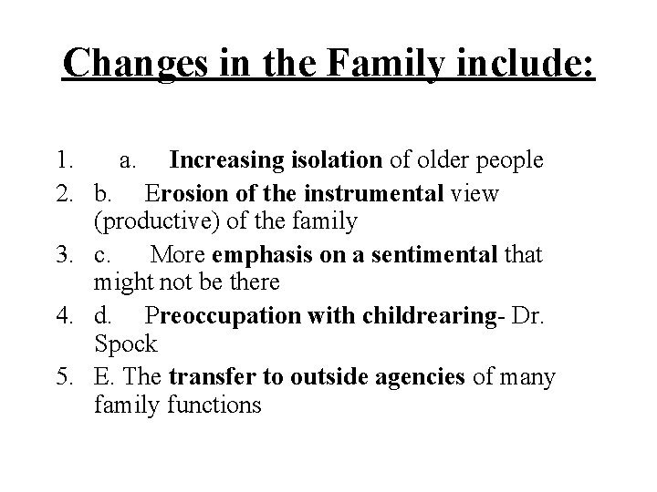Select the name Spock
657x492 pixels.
tap(125, 345)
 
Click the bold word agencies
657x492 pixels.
tap(421, 375)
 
